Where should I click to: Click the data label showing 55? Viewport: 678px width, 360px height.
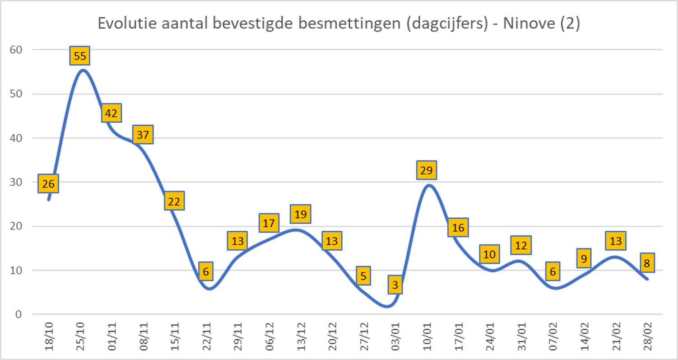pyautogui.click(x=80, y=56)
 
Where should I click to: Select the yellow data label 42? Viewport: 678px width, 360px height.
pyautogui.click(x=111, y=113)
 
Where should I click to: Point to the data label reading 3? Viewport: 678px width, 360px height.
pyautogui.click(x=395, y=285)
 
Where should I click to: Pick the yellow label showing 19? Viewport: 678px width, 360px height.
pyautogui.click(x=301, y=214)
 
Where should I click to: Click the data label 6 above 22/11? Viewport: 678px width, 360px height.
pyautogui.click(x=206, y=271)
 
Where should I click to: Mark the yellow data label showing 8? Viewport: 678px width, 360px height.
pyautogui.click(x=647, y=263)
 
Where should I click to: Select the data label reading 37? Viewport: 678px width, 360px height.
pyautogui.click(x=143, y=135)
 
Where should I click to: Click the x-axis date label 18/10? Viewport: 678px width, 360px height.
pyautogui.click(x=49, y=337)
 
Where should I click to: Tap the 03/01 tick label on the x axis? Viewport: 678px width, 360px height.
pyautogui.click(x=395, y=337)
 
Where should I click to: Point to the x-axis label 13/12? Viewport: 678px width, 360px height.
pyautogui.click(x=301, y=337)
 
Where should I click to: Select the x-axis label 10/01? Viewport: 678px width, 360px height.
pyautogui.click(x=427, y=337)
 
